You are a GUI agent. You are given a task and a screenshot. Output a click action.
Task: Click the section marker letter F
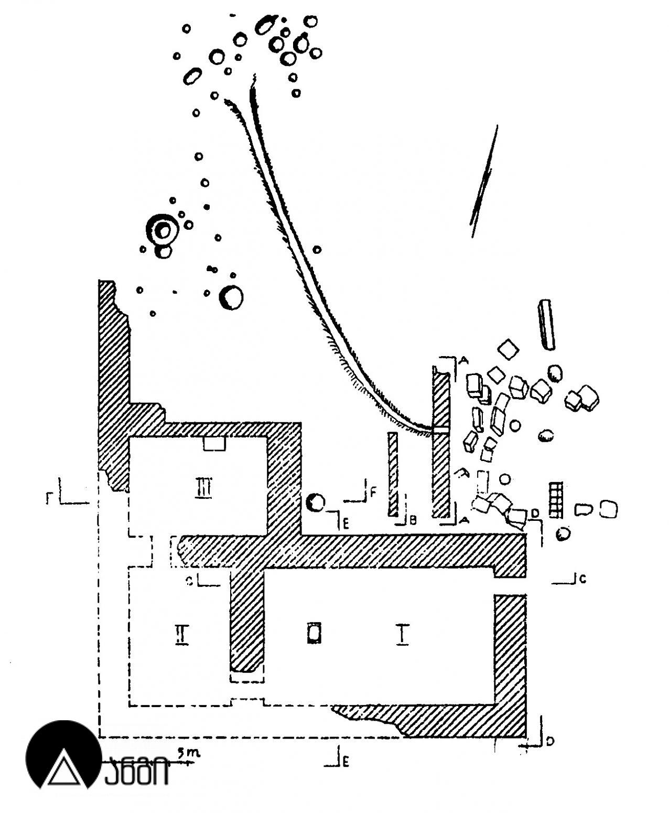point(373,491)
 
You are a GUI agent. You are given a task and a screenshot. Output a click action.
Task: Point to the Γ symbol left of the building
point(49,497)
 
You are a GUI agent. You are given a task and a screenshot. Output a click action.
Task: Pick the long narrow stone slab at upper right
point(546,324)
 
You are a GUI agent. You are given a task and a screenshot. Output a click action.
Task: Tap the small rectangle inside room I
point(314,633)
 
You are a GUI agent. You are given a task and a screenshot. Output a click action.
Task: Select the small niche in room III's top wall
point(214,444)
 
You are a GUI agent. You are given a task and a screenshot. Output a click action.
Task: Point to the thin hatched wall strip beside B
point(393,475)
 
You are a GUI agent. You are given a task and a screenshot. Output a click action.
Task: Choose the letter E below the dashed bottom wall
point(345,763)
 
